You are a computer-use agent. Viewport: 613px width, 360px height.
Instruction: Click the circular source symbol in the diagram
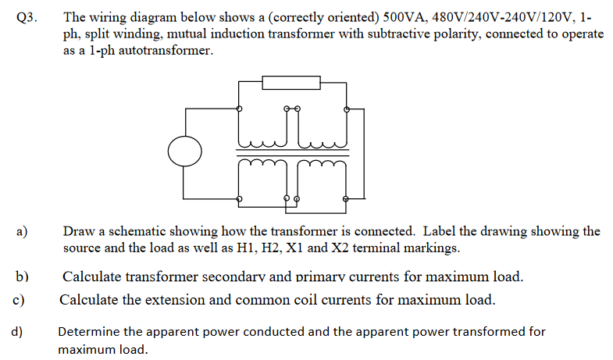click(x=185, y=150)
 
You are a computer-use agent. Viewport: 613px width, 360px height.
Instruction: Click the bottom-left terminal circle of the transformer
click(x=239, y=198)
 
